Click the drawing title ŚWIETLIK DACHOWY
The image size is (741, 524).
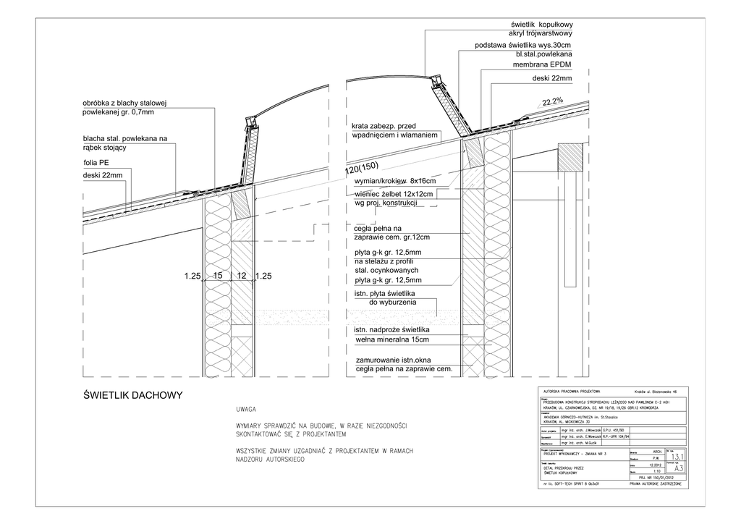pyautogui.click(x=132, y=395)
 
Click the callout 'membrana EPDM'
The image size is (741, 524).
pyautogui.click(x=542, y=65)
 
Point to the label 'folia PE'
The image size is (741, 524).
pyautogui.click(x=96, y=163)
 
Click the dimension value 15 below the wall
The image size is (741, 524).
pyautogui.click(x=217, y=276)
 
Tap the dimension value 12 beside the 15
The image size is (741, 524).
pyautogui.click(x=242, y=276)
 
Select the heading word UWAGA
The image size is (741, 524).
pyautogui.click(x=246, y=410)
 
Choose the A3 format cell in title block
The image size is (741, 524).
pyautogui.click(x=678, y=468)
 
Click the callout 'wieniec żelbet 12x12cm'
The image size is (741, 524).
pyautogui.click(x=394, y=193)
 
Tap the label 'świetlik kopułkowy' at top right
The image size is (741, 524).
pyautogui.click(x=541, y=25)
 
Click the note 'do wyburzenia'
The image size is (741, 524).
pyautogui.click(x=393, y=303)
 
